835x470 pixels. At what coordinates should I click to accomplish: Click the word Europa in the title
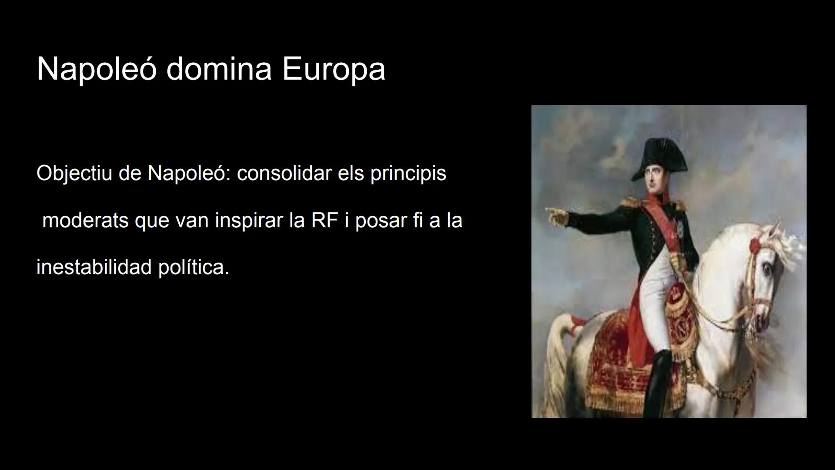[334, 69]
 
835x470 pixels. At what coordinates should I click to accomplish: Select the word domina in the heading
[219, 69]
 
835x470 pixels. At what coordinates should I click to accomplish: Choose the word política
[194, 267]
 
